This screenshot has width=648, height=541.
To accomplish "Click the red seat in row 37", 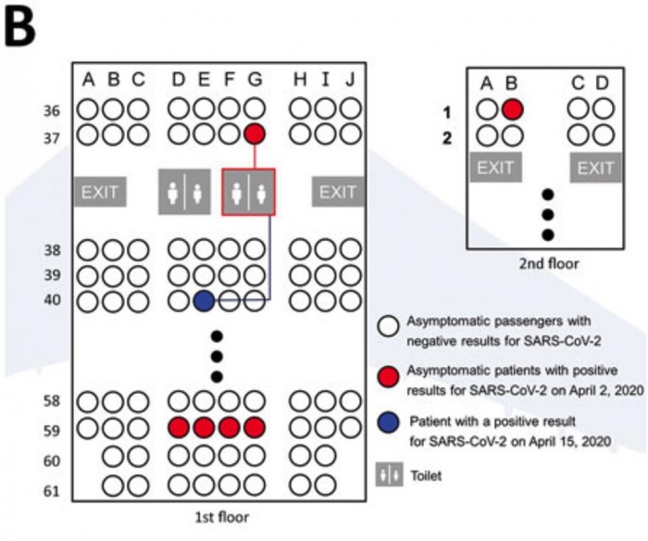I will (x=255, y=134).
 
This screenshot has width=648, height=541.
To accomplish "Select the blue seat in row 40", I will (x=204, y=300).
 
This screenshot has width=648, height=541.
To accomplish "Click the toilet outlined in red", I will (x=248, y=192).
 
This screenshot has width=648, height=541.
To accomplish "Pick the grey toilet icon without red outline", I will (x=184, y=192).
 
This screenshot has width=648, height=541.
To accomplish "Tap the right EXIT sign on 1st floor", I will (x=337, y=192).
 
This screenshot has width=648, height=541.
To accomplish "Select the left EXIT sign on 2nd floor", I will (x=494, y=168).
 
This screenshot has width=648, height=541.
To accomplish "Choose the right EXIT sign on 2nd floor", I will (x=595, y=168).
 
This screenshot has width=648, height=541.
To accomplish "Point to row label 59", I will (x=53, y=430).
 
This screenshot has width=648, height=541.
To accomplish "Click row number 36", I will (x=53, y=110).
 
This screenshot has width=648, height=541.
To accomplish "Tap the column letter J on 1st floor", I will (x=350, y=81).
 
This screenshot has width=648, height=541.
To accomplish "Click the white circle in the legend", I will (x=388, y=326).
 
